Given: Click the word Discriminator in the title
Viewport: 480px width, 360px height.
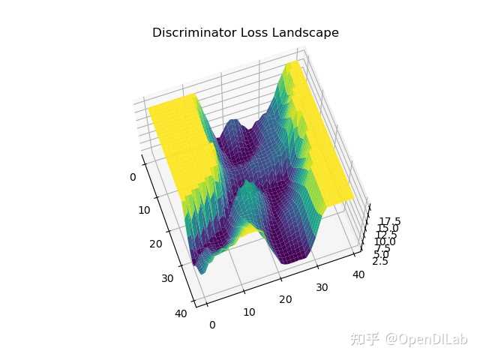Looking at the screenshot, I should (188, 34).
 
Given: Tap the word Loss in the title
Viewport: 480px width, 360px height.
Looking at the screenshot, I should (243, 34).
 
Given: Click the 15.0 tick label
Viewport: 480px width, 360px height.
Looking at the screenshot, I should (386, 229).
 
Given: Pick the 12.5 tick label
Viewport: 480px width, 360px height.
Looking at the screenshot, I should (383, 236).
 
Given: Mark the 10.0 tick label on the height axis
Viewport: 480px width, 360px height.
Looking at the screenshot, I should (381, 243).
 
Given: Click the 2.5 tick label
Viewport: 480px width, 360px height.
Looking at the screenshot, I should (379, 262).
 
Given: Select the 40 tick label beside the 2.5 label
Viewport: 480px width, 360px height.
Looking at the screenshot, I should (359, 275).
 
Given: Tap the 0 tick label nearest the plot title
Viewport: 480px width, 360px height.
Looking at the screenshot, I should (133, 177).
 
